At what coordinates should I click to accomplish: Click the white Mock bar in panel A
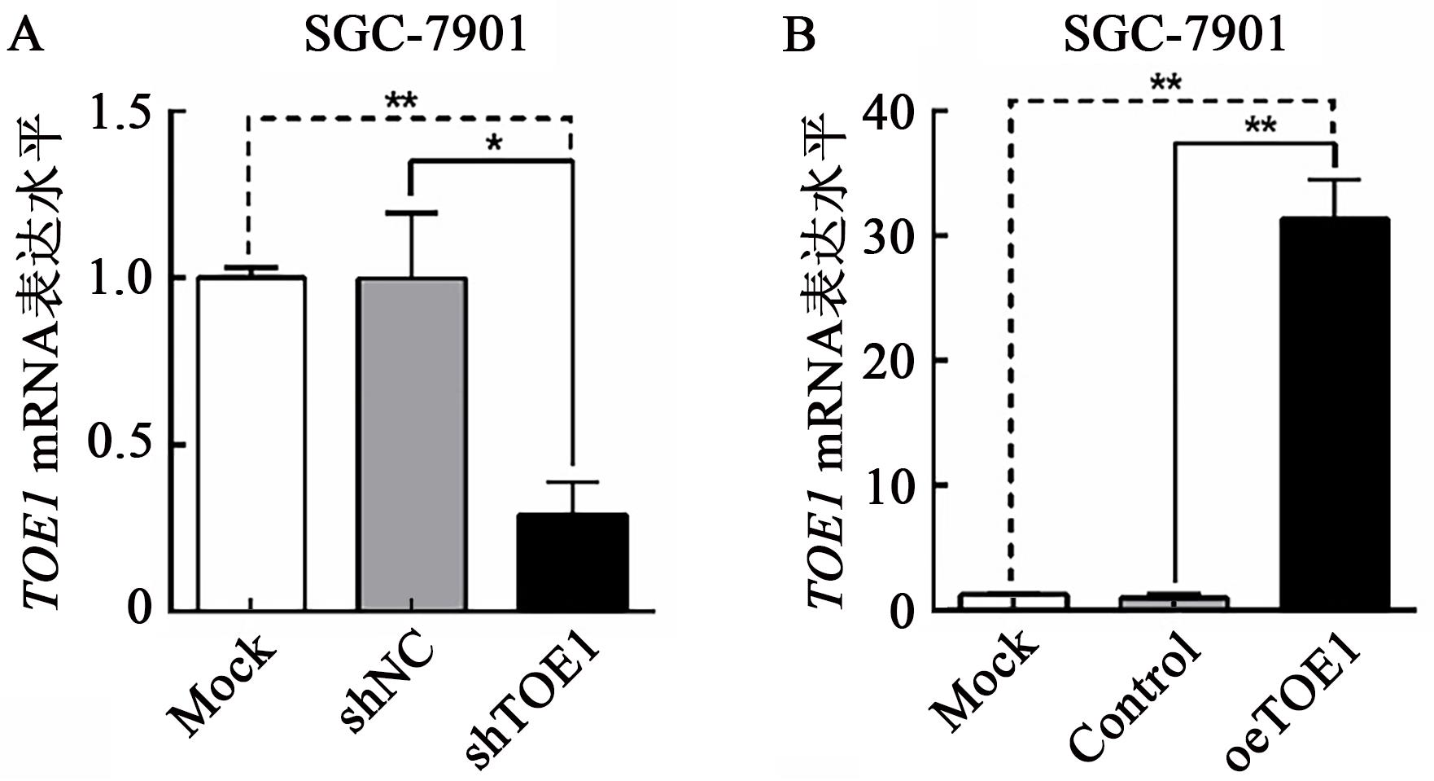[x=251, y=444]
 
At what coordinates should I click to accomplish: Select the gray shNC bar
[x=412, y=444]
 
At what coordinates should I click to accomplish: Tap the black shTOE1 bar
[x=572, y=562]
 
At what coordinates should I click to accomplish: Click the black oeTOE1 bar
[x=1334, y=423]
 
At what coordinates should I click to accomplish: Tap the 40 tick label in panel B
[x=892, y=111]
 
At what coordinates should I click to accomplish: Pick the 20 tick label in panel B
[x=892, y=361]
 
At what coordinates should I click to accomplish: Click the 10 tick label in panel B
[x=892, y=485]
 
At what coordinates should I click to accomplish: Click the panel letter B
[x=798, y=37]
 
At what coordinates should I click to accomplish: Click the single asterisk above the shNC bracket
[x=493, y=145]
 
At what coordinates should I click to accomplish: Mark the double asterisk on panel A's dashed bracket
[x=400, y=103]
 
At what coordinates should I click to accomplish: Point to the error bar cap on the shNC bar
[x=412, y=213]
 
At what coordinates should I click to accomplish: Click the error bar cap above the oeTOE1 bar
[x=1334, y=179]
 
